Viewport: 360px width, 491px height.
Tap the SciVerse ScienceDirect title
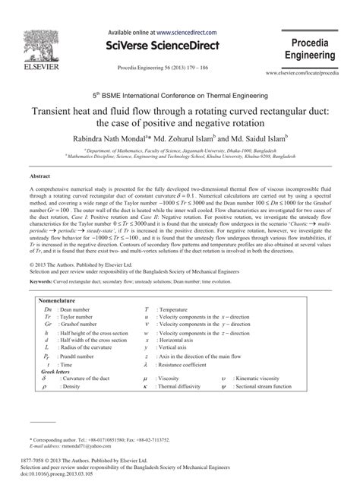click(x=179, y=46)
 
